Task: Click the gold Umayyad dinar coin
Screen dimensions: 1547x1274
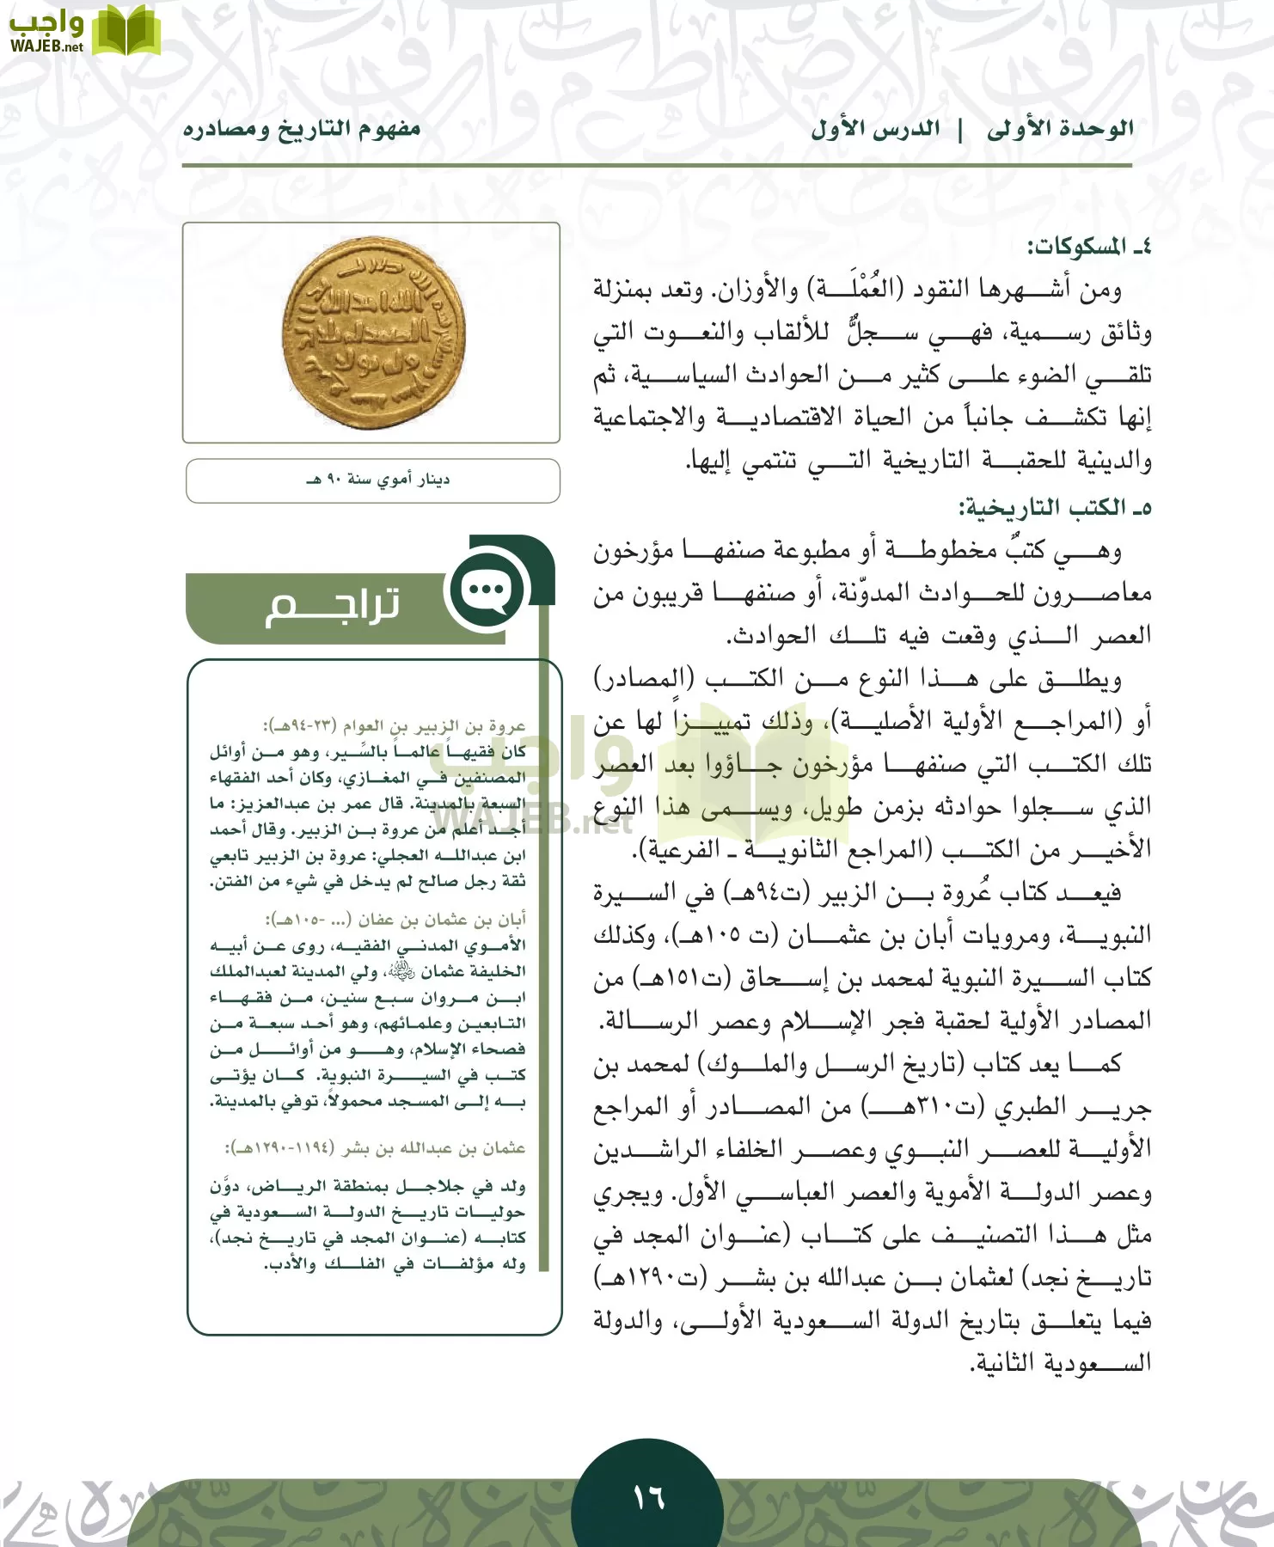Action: pyautogui.click(x=373, y=333)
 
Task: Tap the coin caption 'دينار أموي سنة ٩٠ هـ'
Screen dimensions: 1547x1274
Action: pyautogui.click(x=377, y=480)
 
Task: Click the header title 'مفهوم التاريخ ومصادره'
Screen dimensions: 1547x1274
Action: pyautogui.click(x=302, y=129)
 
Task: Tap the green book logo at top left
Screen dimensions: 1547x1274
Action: pyautogui.click(x=126, y=31)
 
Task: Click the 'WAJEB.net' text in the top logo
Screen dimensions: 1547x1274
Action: pyautogui.click(x=47, y=46)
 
